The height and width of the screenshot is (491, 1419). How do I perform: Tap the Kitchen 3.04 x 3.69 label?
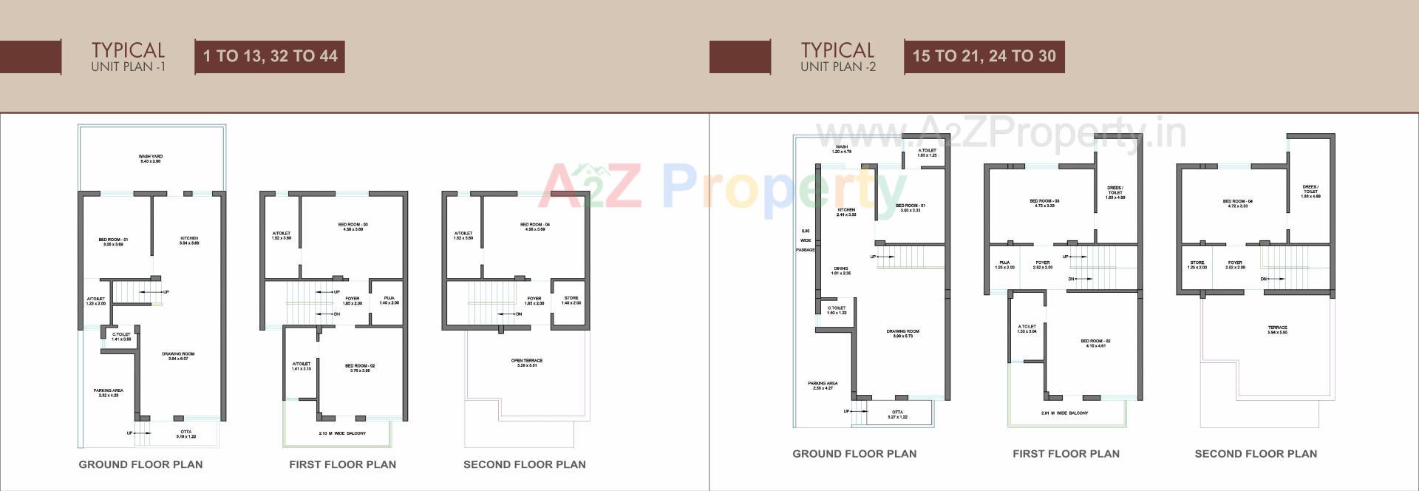coord(189,241)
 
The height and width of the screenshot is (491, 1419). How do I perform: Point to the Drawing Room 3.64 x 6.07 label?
coord(178,356)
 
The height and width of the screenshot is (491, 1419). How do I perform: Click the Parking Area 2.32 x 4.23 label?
coord(108,393)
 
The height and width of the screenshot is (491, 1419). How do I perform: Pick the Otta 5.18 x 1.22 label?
coord(186,434)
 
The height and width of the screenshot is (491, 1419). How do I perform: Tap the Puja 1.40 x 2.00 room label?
coord(389,300)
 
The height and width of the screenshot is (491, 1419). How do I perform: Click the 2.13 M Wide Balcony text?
coord(342,433)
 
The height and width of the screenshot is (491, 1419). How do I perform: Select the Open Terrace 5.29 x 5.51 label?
coord(527,363)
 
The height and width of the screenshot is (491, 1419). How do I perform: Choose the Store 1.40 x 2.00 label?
coord(571,300)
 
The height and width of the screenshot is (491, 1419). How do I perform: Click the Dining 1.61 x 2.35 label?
coord(841,271)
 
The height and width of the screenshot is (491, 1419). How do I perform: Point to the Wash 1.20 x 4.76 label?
coord(842,149)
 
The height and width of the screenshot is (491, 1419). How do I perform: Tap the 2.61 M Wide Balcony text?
coord(1064,413)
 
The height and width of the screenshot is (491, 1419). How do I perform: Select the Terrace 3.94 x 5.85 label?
coord(1277,330)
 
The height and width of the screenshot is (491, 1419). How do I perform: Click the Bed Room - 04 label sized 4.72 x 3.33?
coord(1237,203)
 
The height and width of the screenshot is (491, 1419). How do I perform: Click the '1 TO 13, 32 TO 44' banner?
coord(270,56)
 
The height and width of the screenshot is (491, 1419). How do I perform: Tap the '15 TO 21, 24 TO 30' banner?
coord(984,56)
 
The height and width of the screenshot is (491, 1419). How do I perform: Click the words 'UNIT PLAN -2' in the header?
coord(837,67)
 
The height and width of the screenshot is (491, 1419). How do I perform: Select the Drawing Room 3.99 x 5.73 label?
coord(902,333)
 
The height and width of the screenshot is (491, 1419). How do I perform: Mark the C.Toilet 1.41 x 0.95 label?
coord(121,336)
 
